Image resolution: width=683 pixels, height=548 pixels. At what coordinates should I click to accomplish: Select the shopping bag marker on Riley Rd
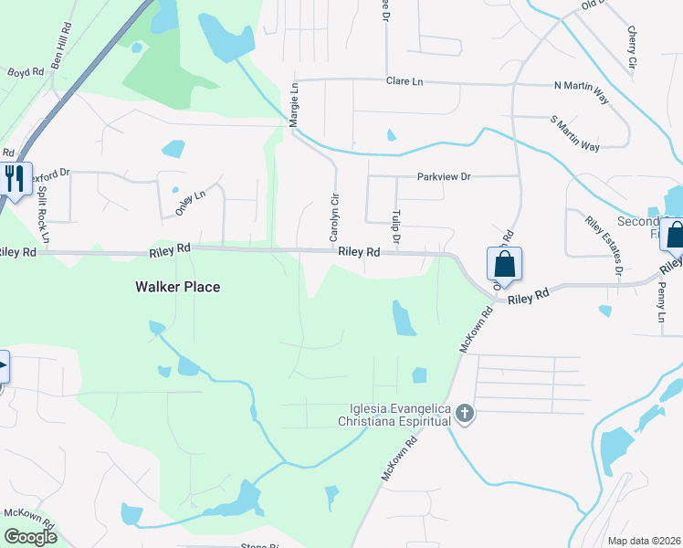(x=504, y=265)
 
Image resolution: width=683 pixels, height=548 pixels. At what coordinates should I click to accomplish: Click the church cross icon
(x=465, y=414)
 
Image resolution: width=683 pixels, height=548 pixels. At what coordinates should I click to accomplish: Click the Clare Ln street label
(x=405, y=81)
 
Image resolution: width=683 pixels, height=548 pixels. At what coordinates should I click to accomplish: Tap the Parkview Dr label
(x=443, y=176)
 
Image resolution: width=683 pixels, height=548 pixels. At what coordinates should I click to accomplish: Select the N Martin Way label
(x=581, y=86)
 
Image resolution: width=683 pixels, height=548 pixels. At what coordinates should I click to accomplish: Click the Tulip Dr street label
(x=397, y=225)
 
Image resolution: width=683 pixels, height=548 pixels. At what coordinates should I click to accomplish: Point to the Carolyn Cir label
(x=335, y=216)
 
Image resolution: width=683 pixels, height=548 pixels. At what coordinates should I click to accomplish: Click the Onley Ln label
(x=190, y=202)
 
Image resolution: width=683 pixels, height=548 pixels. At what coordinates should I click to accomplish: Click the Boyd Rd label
(x=26, y=71)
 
